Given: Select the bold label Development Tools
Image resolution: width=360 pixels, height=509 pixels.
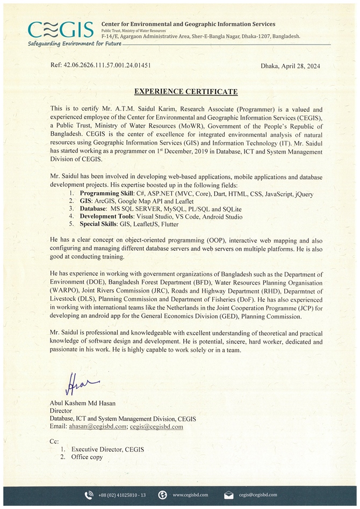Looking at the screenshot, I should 106,216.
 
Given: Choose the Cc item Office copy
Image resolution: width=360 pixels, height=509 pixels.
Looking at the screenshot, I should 87,457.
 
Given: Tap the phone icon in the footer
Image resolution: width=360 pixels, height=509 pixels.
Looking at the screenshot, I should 89,495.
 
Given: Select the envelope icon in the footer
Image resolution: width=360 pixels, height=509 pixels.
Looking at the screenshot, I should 228,495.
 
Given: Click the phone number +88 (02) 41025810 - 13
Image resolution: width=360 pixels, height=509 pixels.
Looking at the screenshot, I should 122,495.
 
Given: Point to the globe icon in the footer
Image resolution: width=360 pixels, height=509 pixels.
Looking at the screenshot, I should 162,495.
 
